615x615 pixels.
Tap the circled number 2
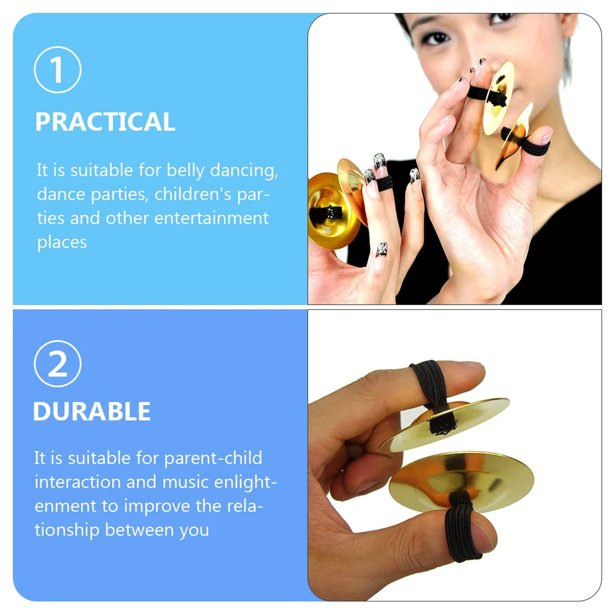[x=58, y=364]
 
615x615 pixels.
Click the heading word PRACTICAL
[x=105, y=122]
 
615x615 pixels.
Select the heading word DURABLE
[x=91, y=412]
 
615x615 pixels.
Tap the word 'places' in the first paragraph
[x=61, y=242]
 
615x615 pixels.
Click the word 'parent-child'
[x=213, y=458]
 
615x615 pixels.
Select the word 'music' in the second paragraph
[x=184, y=482]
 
